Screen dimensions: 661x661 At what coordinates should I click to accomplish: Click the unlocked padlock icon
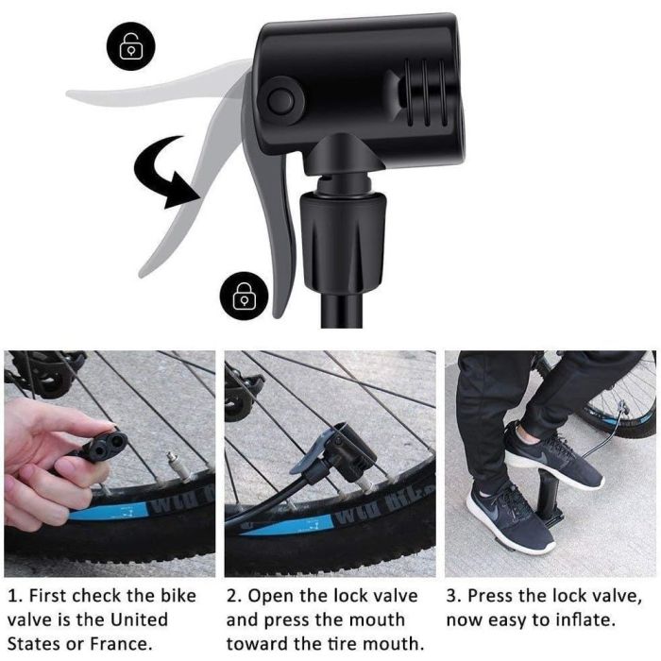130,45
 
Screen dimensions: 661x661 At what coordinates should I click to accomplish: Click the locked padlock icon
245,296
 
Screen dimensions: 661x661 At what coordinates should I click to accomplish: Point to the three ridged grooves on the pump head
427,93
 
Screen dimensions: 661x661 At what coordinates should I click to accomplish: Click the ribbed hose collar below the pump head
342,241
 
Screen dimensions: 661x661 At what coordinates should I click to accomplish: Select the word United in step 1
139,619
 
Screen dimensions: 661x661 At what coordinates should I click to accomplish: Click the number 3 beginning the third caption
452,596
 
